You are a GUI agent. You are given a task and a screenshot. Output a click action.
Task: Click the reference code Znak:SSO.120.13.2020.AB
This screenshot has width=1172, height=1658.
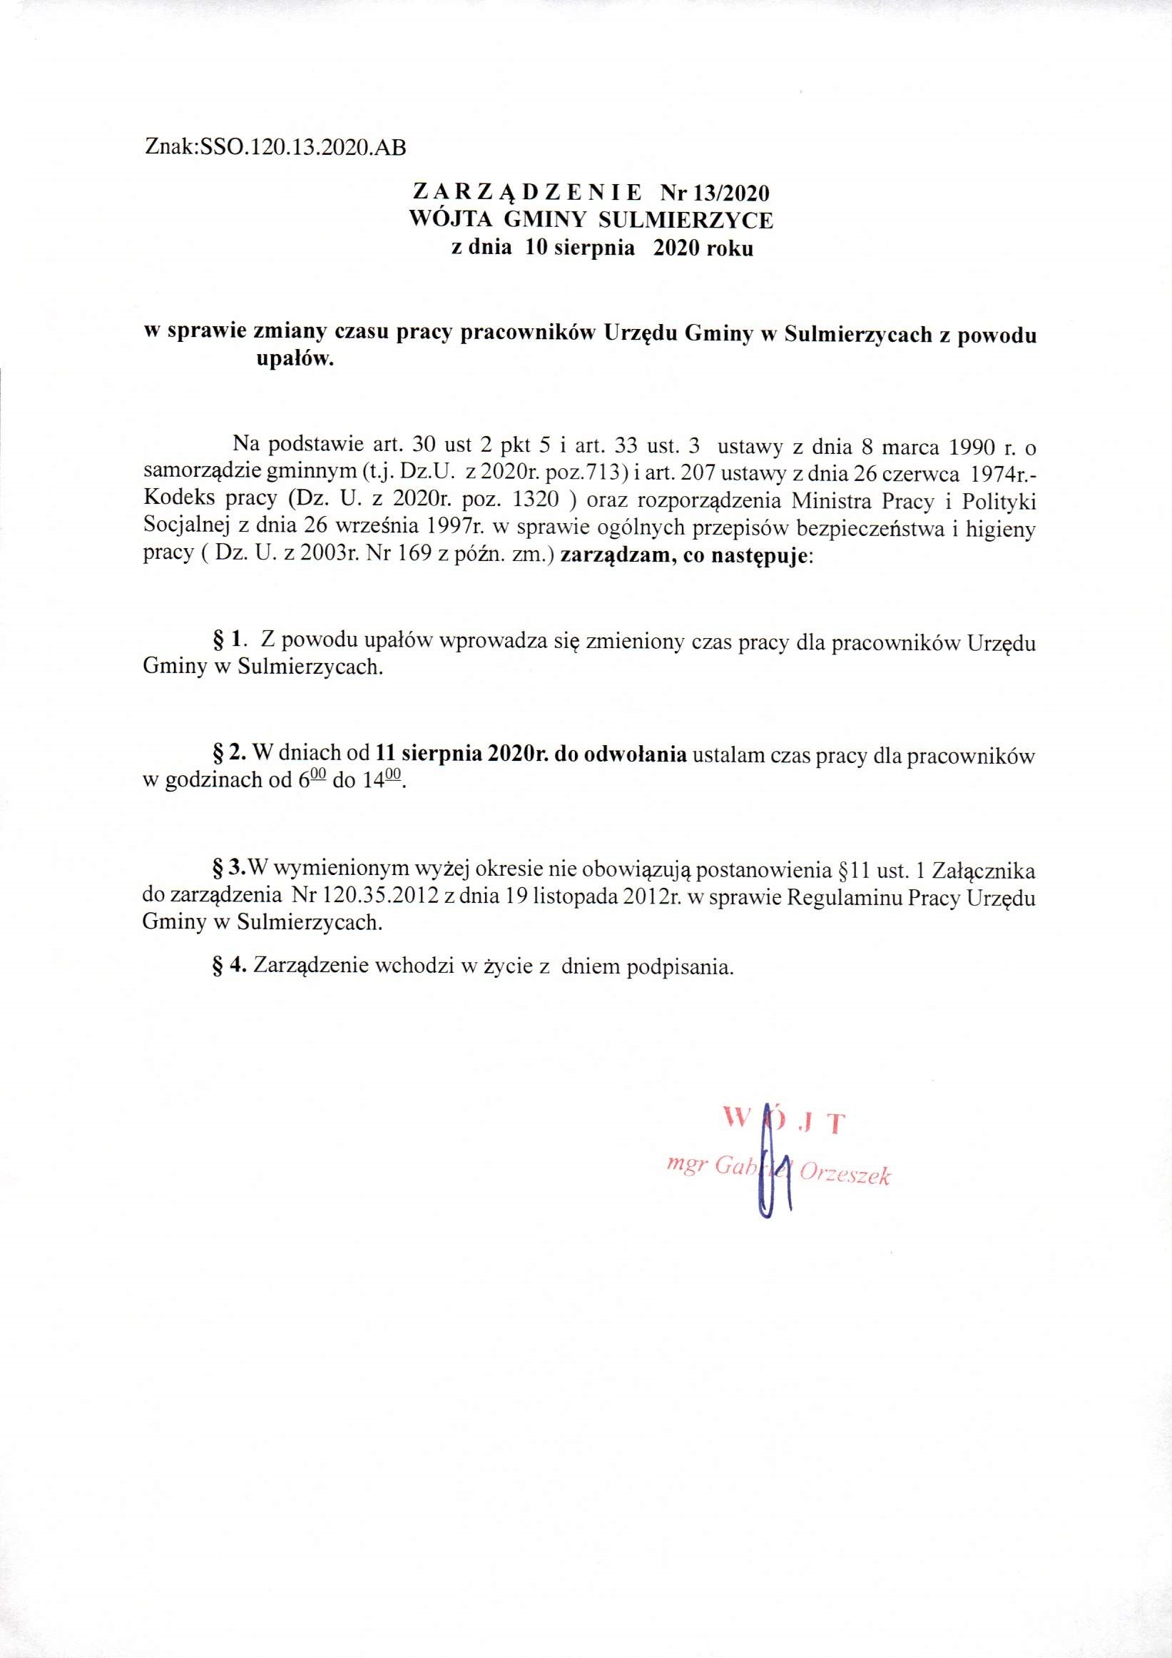[275, 148]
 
